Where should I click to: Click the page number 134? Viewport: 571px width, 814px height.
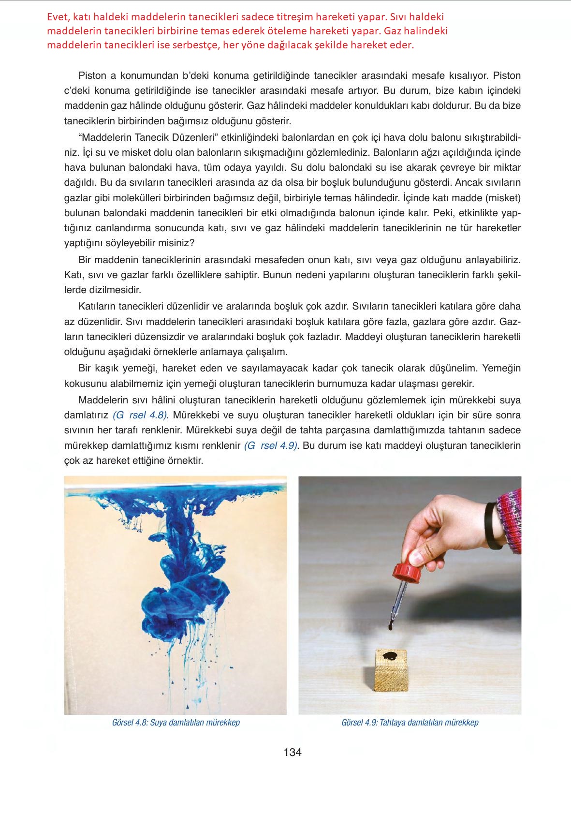pyautogui.click(x=293, y=753)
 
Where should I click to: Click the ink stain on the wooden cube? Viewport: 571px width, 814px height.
pyautogui.click(x=390, y=656)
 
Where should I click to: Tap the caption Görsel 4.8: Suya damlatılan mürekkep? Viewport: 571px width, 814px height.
pyautogui.click(x=176, y=723)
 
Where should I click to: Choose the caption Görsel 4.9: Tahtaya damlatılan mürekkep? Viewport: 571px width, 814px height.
pyautogui.click(x=410, y=723)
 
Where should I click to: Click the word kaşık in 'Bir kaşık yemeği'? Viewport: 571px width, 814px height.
pyautogui.click(x=106, y=369)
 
